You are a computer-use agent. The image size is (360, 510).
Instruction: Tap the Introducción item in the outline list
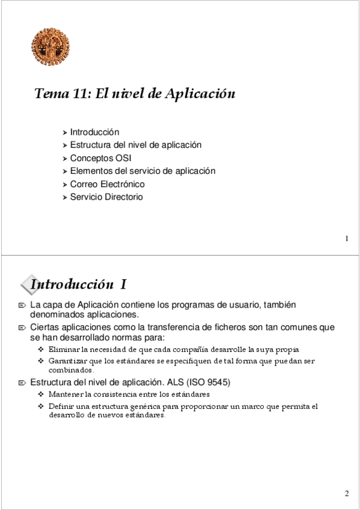point(94,132)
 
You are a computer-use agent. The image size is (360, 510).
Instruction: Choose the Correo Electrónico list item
point(107,184)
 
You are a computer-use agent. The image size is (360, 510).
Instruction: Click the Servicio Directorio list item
point(106,197)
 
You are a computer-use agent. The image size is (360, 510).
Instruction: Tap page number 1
point(347,239)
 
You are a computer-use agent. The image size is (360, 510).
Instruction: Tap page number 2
point(347,494)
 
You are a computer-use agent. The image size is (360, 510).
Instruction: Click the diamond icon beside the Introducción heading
point(27,284)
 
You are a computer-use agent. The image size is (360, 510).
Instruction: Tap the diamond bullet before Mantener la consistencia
point(41,395)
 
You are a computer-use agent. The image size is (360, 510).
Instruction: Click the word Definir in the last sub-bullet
point(61,407)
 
